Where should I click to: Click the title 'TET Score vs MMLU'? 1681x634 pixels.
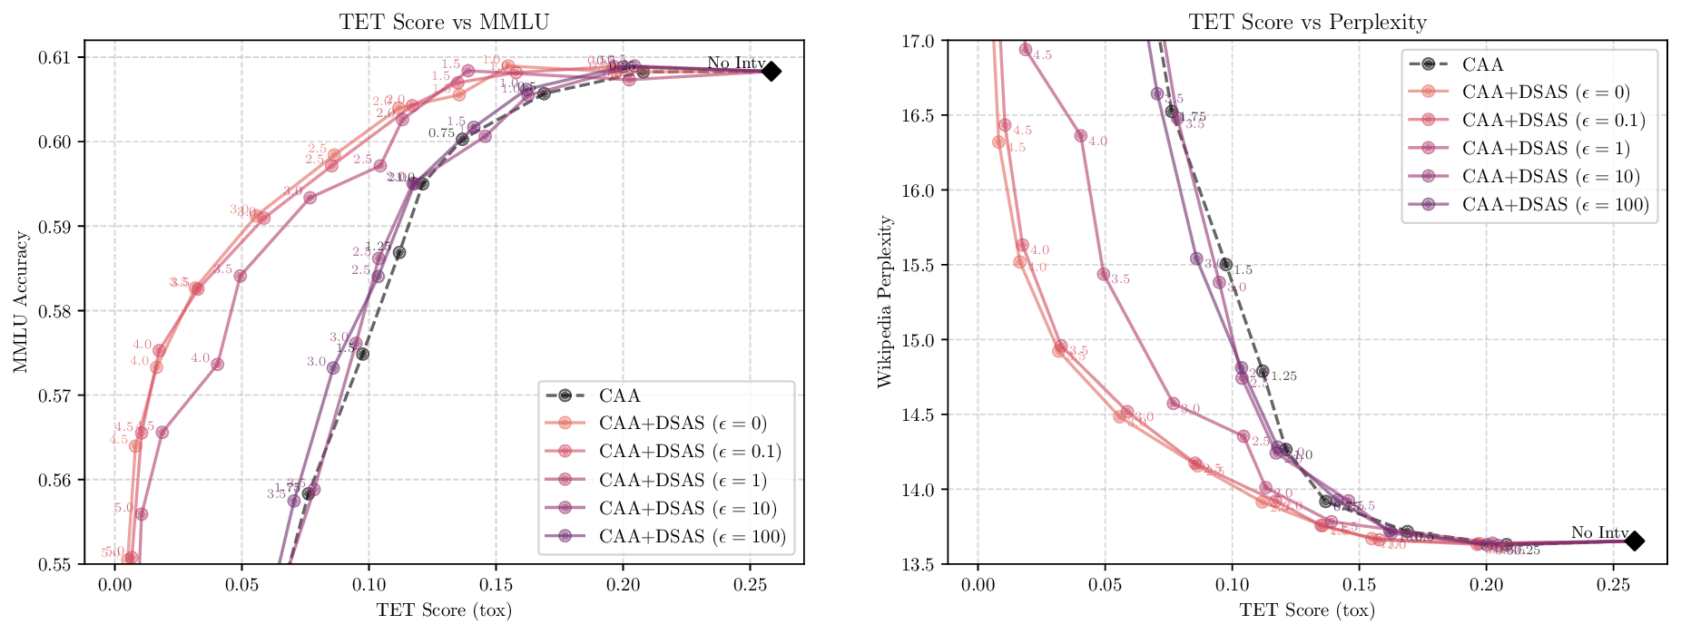[444, 22]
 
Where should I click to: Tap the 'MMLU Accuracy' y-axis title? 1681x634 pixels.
[21, 302]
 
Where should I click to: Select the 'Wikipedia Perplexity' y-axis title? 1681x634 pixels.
[885, 302]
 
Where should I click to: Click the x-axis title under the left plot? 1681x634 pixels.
[444, 610]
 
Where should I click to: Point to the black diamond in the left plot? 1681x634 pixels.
[771, 71]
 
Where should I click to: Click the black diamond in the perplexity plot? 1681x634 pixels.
[1634, 541]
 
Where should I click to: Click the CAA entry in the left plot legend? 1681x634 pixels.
[619, 395]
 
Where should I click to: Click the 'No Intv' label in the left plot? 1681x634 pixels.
[736, 63]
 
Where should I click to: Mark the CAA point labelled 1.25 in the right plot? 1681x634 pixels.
[1263, 371]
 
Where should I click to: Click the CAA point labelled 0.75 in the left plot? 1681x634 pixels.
[462, 139]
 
